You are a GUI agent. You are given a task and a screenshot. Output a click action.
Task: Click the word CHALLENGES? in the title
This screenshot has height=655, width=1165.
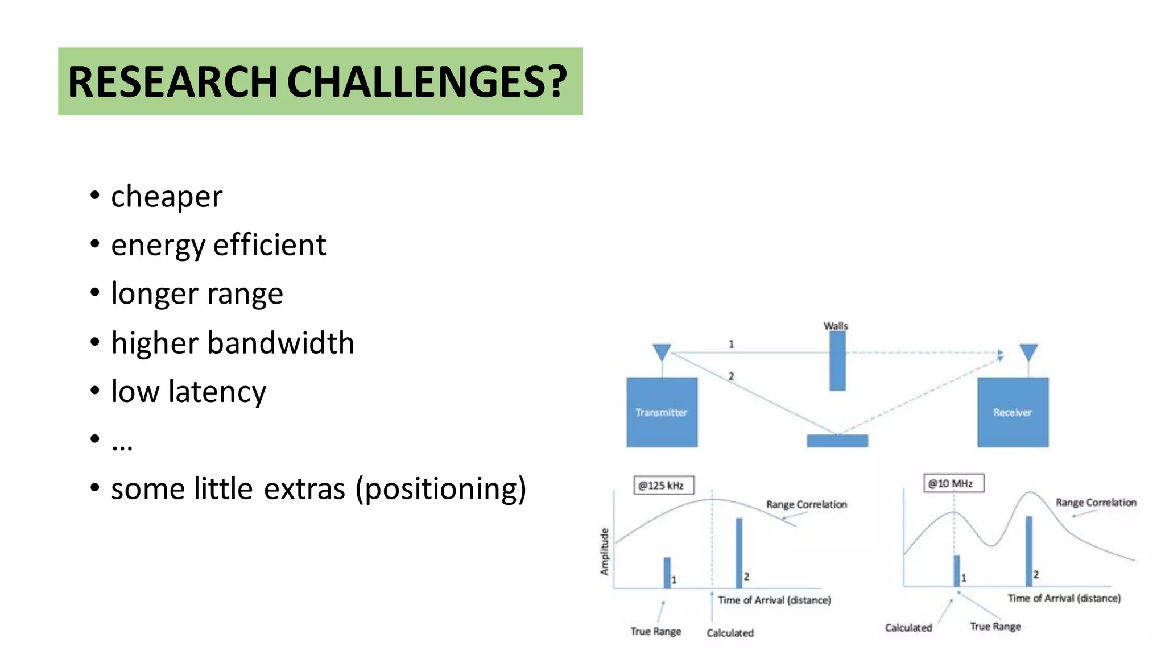427,82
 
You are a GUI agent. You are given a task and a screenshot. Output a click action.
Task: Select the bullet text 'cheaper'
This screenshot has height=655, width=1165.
166,197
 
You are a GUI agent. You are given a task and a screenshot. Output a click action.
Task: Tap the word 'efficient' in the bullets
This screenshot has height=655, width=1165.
270,245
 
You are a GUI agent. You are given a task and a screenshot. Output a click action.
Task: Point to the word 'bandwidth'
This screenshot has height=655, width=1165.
281,343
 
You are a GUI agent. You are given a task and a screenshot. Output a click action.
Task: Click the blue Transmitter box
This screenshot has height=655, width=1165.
662,412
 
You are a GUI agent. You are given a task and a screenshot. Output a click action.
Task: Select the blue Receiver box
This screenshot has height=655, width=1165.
1013,412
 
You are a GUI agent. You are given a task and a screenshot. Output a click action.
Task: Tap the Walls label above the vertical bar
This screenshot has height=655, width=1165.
836,326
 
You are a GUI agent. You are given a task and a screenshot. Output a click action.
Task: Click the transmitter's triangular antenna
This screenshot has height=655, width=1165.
662,351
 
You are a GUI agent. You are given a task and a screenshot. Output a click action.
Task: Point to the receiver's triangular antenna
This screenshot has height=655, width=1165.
1028,351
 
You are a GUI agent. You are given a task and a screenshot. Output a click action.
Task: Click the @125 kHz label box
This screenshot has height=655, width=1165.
663,485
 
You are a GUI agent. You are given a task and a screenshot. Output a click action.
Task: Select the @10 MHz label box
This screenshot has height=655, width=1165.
953,483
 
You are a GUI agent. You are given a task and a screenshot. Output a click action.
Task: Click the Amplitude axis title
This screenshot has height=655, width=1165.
605,551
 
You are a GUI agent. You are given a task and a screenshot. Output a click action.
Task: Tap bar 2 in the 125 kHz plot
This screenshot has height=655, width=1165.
739,552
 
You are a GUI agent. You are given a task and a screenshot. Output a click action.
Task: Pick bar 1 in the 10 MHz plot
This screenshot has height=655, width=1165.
957,570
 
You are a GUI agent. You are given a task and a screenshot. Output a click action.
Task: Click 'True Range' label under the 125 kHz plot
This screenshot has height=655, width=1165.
655,631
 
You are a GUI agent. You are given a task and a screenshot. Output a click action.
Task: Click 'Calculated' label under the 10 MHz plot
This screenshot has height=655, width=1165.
908,628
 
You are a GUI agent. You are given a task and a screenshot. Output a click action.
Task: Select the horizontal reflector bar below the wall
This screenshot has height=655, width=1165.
837,441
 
